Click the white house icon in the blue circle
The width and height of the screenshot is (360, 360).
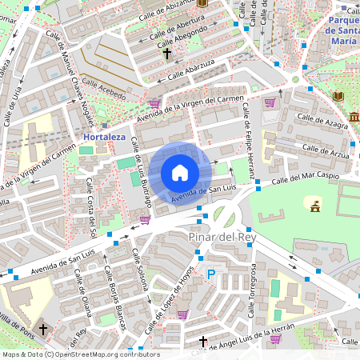(x=180, y=173)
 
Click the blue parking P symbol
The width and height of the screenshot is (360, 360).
(x=211, y=274)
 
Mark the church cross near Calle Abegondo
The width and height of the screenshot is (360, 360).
(x=167, y=54)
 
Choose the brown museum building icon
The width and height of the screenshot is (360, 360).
(x=353, y=118)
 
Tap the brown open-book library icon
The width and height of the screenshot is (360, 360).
(x=338, y=96)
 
